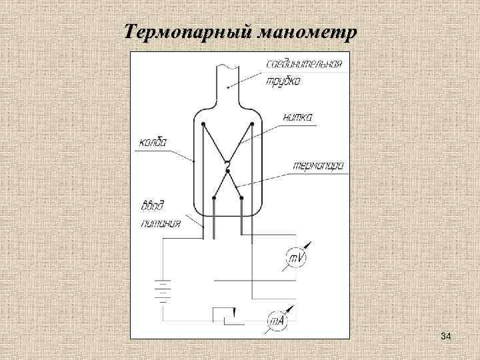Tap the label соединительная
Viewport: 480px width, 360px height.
304,64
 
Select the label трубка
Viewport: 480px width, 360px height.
283,82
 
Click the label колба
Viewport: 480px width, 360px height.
153,141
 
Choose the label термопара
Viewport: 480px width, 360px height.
317,167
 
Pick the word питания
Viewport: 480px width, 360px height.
161,224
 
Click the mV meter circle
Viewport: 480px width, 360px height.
296,257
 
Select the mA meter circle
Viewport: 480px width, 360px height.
277,322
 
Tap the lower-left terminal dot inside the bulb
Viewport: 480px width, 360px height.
213,197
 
